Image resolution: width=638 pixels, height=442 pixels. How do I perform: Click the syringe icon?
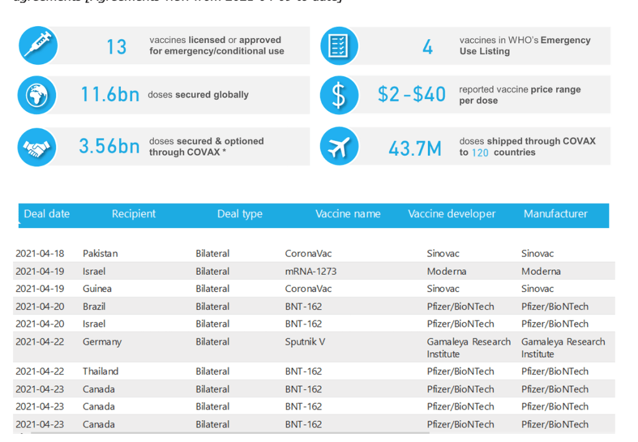(37, 45)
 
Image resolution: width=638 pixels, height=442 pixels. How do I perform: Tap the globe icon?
(37, 95)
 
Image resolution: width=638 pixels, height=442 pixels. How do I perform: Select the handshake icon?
(37, 147)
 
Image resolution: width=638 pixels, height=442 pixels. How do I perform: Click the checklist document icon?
(339, 46)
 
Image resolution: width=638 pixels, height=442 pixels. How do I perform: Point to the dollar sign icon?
(339, 95)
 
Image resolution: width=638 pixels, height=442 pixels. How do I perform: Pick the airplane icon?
(339, 147)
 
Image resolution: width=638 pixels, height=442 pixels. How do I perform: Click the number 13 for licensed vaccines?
(116, 46)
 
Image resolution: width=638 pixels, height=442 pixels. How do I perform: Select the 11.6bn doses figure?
(110, 95)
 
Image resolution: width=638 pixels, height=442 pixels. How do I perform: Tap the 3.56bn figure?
(109, 146)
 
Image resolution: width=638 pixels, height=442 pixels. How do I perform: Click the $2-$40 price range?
(412, 95)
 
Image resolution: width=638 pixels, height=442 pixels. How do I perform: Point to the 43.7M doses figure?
(415, 148)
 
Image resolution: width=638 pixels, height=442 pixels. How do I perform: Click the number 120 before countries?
(480, 153)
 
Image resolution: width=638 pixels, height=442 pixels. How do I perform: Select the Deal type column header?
(240, 214)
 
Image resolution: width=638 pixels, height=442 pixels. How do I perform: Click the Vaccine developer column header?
(452, 214)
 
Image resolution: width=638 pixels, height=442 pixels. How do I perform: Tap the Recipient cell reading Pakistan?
(100, 254)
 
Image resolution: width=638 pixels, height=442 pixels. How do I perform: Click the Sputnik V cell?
(305, 342)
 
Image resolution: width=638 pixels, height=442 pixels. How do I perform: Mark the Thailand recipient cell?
(100, 372)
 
